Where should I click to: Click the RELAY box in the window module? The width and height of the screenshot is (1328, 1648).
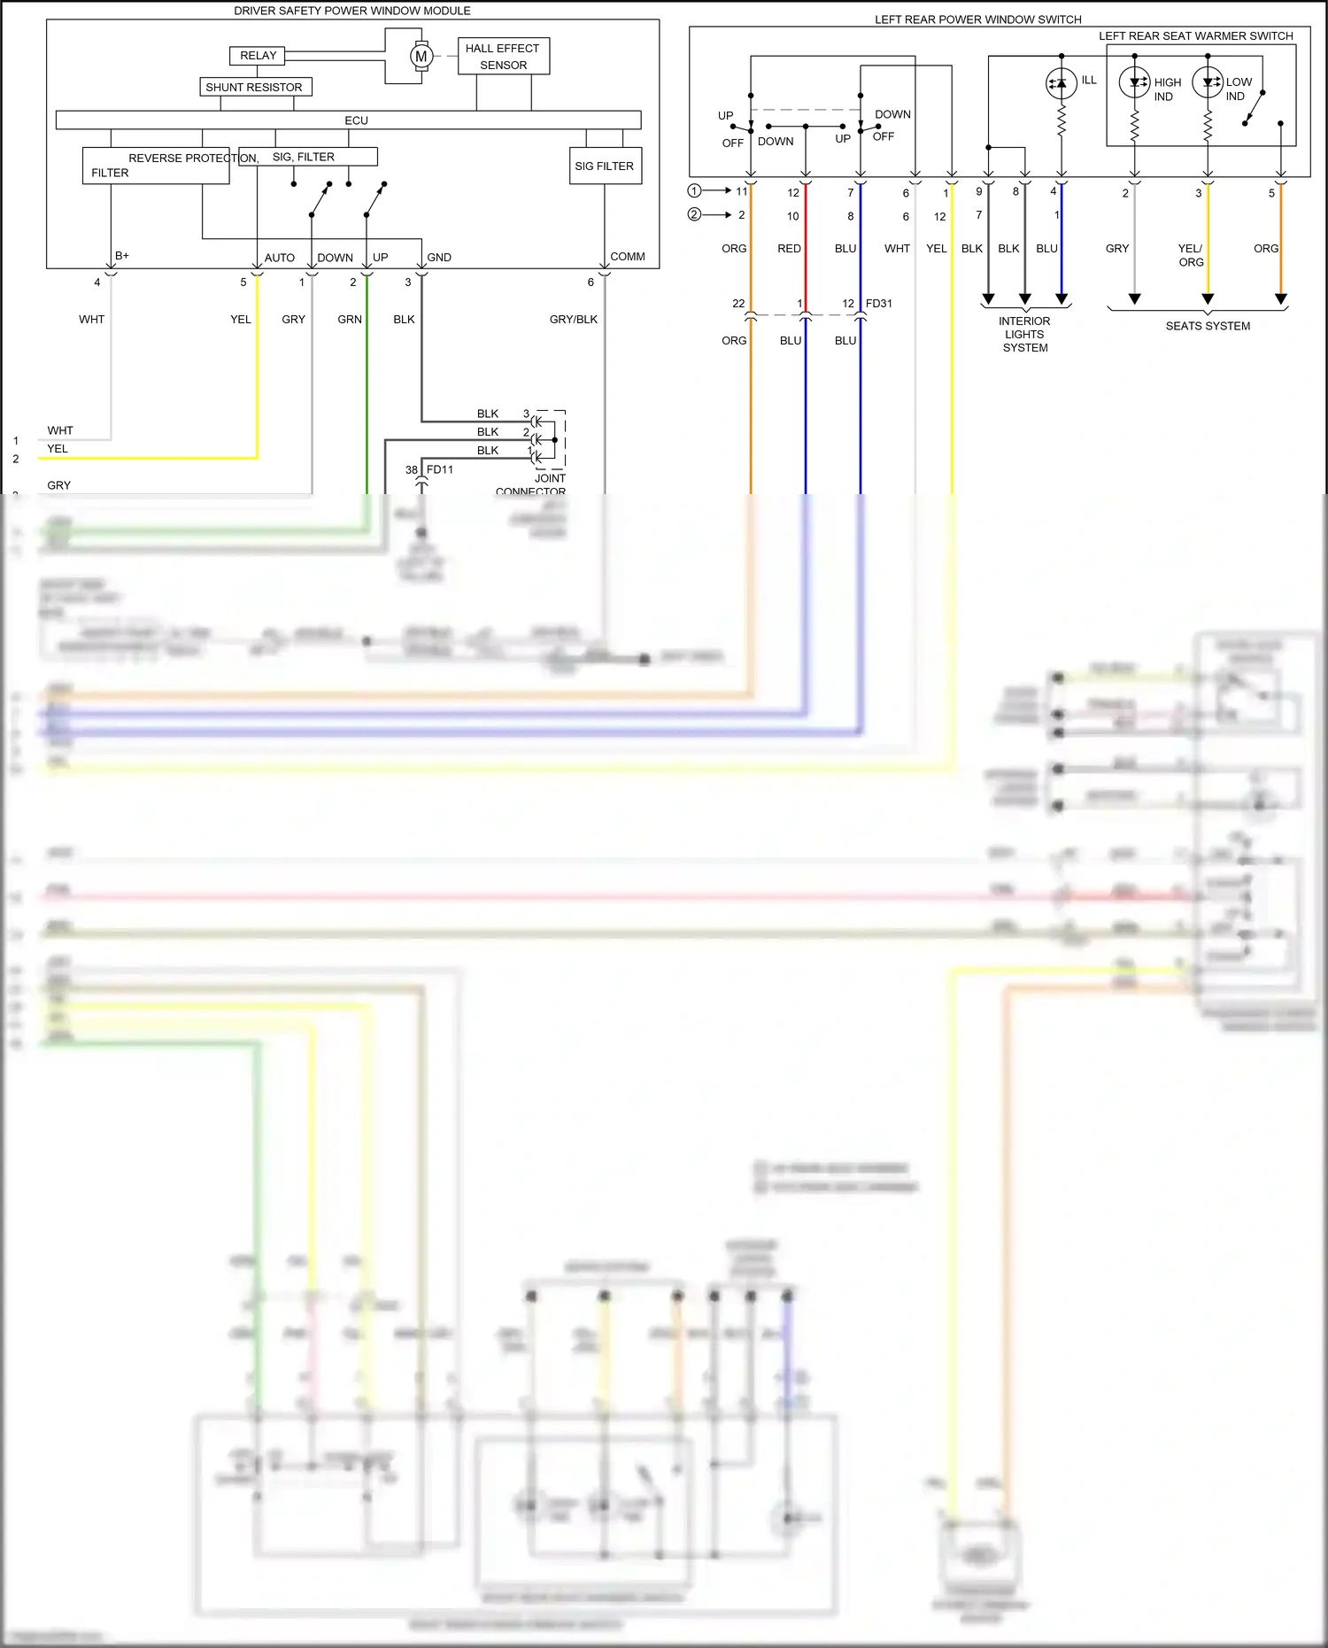[258, 56]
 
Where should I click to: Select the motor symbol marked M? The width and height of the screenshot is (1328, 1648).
[421, 56]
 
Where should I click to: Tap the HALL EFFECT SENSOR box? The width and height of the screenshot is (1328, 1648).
[503, 56]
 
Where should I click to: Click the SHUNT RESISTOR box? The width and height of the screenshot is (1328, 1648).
[255, 87]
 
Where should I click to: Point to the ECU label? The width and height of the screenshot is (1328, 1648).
[356, 120]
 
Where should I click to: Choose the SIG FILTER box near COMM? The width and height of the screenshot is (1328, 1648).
[605, 166]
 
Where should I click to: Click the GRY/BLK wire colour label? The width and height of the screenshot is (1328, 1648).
[573, 319]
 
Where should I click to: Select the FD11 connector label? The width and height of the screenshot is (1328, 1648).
[439, 469]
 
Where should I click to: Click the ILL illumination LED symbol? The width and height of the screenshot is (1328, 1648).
[1061, 83]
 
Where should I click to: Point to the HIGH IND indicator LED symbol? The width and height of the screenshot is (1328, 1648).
[1134, 82]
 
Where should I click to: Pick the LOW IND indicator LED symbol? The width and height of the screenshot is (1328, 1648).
[1207, 82]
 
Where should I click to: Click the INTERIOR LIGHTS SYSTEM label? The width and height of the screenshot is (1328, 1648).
[1024, 334]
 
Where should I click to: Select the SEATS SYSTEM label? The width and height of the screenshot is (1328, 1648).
[1208, 326]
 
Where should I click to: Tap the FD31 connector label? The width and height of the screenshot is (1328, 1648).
[878, 303]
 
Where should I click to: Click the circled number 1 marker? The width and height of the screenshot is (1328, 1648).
[694, 190]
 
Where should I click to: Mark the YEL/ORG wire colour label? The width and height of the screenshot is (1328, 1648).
[1190, 255]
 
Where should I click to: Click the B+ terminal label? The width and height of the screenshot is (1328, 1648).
[122, 255]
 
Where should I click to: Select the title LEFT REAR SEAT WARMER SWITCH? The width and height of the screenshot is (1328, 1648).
[1195, 35]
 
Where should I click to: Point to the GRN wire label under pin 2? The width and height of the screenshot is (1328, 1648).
[350, 319]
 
